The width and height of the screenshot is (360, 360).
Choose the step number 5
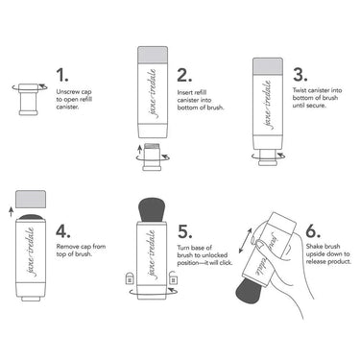[x=184, y=230]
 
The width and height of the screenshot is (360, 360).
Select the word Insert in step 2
[x=187, y=93]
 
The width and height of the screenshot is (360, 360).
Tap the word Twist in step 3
[x=303, y=93]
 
